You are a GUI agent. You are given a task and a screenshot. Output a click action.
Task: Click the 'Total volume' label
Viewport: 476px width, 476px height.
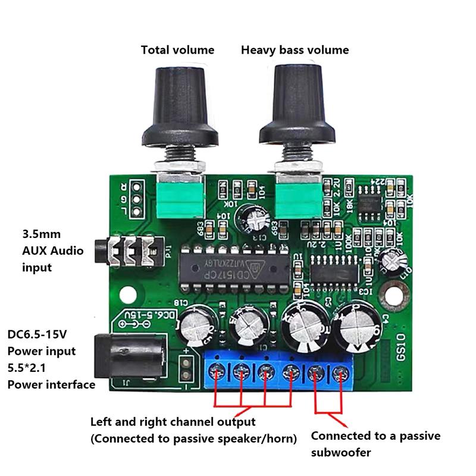pos(177,50)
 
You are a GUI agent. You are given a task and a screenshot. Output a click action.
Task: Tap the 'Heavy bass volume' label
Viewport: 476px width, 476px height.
pos(295,50)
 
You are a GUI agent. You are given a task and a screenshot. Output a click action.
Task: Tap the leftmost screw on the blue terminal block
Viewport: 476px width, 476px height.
pos(217,373)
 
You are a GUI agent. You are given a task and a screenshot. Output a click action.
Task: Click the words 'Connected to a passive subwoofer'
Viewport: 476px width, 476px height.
pos(375,444)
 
